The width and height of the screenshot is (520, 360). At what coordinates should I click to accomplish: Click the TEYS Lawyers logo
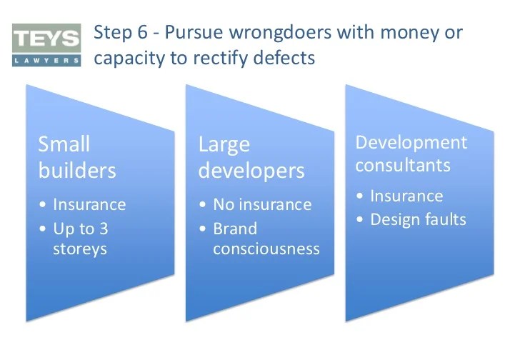(x=46, y=45)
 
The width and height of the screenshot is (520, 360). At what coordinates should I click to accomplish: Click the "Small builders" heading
(x=77, y=158)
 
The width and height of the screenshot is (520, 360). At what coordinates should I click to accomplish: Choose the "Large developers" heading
(x=251, y=158)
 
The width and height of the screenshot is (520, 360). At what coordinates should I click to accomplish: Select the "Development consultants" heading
(x=411, y=153)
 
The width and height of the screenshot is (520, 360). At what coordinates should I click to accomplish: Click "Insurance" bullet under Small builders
(x=89, y=204)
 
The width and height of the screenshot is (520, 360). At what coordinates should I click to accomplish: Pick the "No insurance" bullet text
(x=262, y=204)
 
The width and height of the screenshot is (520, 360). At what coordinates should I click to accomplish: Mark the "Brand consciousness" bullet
(x=266, y=239)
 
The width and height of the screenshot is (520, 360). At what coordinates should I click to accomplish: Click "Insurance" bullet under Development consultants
(x=406, y=196)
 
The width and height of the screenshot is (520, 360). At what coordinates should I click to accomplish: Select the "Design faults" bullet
(x=418, y=219)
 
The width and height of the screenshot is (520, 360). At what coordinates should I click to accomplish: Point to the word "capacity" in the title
(x=126, y=58)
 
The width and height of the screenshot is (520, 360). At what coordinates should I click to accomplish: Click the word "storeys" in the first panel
(x=80, y=249)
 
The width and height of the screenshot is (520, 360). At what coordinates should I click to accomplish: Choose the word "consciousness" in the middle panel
(x=266, y=249)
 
